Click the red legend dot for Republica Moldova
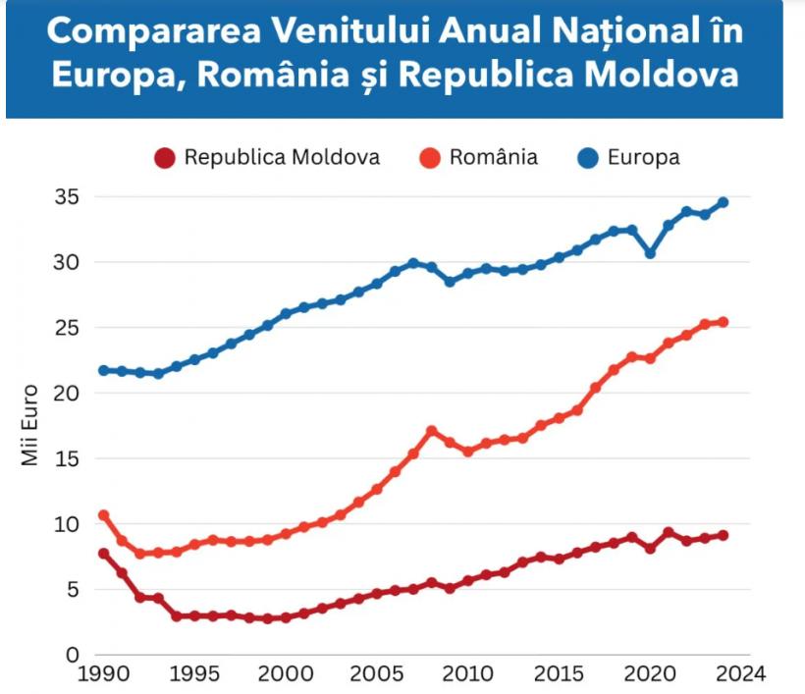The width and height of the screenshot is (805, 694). pyautogui.click(x=165, y=158)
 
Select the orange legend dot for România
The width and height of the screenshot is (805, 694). pyautogui.click(x=430, y=158)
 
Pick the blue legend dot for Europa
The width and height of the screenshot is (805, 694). pyautogui.click(x=588, y=158)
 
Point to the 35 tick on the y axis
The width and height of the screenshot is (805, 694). pyautogui.click(x=66, y=197)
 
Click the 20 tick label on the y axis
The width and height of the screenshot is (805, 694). pyautogui.click(x=66, y=394)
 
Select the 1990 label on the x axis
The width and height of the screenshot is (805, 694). pyautogui.click(x=103, y=674)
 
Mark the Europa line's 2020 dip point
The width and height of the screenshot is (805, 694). pyautogui.click(x=650, y=253)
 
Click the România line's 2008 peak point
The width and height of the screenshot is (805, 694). pyautogui.click(x=431, y=431)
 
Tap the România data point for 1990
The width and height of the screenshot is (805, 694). pyautogui.click(x=103, y=515)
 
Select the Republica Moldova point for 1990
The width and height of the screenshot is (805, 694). pyautogui.click(x=103, y=554)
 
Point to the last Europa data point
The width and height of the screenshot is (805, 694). pyautogui.click(x=723, y=203)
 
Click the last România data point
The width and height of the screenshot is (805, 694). pyautogui.click(x=723, y=322)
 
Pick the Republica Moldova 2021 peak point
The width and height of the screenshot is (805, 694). pyautogui.click(x=669, y=533)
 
